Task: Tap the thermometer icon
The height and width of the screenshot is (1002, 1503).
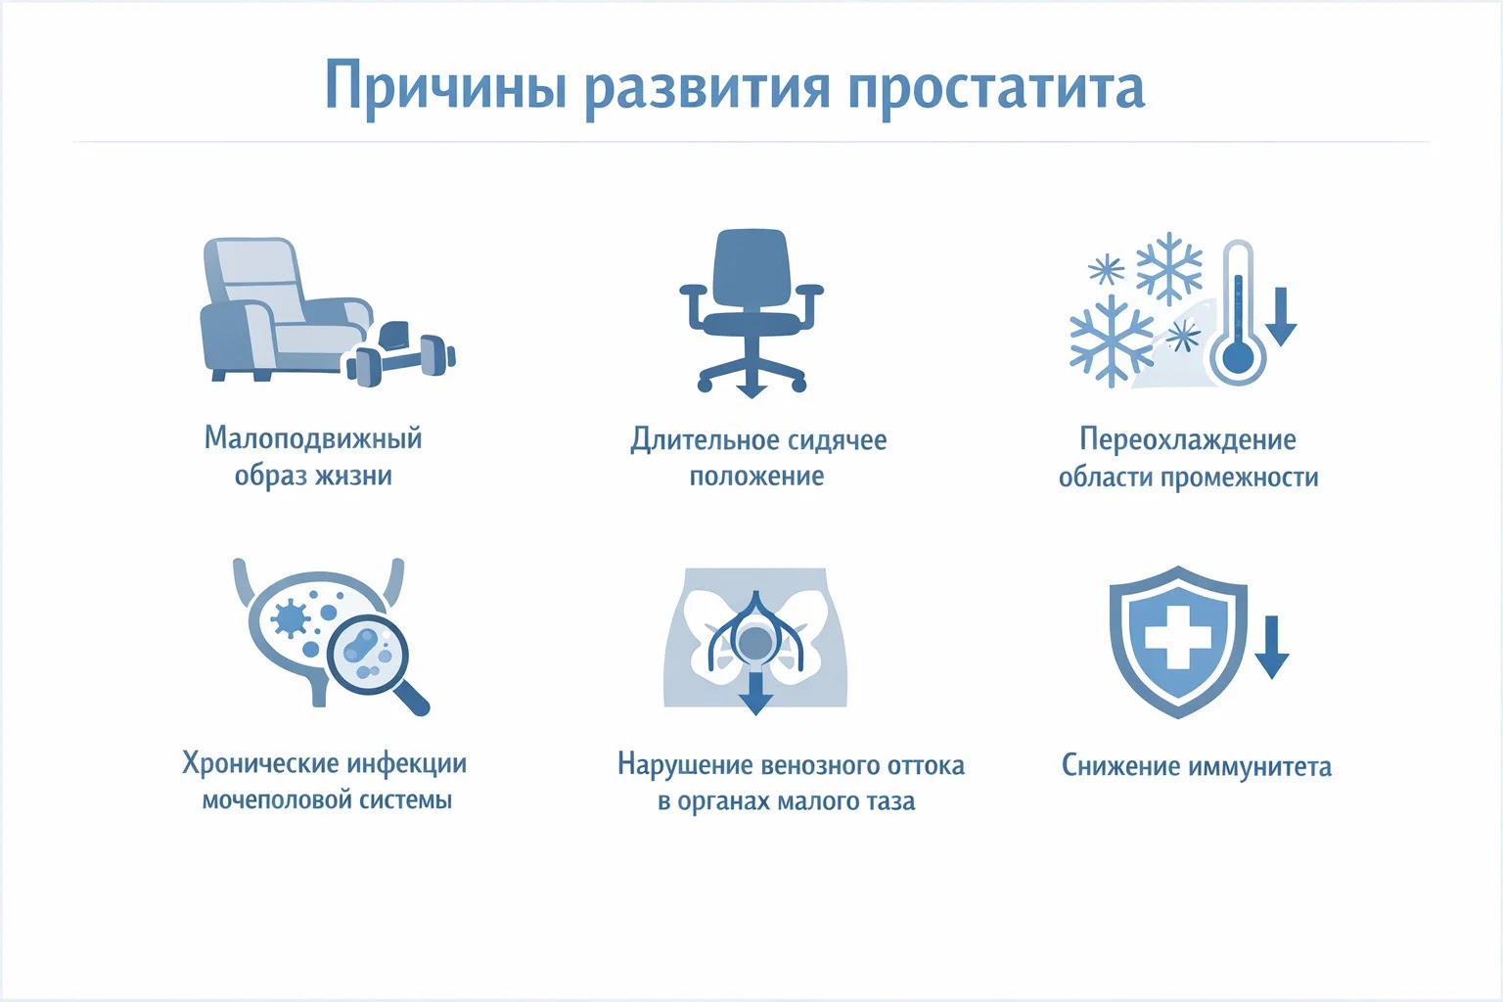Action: (1239, 313)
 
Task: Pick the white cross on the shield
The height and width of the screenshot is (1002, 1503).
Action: (1178, 640)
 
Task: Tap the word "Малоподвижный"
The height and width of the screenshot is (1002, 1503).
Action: (313, 438)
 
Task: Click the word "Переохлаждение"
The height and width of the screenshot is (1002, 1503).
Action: (1187, 439)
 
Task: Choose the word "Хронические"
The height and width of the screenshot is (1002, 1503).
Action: (261, 763)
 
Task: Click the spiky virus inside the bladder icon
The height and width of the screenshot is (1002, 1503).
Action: (291, 618)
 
